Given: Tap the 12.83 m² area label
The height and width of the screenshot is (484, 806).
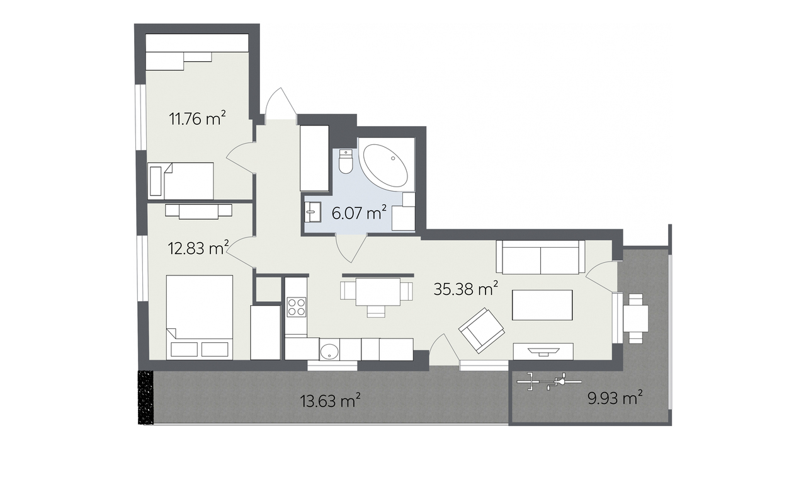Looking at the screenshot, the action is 198,248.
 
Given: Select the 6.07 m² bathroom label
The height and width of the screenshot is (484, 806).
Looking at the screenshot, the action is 359,213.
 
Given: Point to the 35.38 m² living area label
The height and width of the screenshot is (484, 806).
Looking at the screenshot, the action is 466,289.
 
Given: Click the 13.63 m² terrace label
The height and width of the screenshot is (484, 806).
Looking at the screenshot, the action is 331,400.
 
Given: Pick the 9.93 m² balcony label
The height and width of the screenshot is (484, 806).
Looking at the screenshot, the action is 615,398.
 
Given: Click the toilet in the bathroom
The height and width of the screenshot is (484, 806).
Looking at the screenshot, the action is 346,162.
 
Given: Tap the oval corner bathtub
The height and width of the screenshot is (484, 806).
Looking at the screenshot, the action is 386,165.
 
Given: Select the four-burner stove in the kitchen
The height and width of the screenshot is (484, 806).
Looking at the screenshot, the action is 297,307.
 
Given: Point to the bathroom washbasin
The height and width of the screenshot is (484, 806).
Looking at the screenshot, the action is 312,212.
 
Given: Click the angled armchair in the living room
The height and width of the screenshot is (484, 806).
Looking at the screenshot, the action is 482,330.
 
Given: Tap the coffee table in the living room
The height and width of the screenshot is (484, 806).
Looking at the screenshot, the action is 542,305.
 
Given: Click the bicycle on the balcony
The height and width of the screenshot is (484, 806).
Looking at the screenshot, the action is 549,382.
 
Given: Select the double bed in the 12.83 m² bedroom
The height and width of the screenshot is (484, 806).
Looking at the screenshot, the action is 200,317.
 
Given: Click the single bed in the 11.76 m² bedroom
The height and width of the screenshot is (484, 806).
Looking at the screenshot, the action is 181,181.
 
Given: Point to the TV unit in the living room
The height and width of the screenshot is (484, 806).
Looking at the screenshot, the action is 543,351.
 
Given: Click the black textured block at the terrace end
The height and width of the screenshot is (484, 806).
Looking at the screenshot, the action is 145,397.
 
